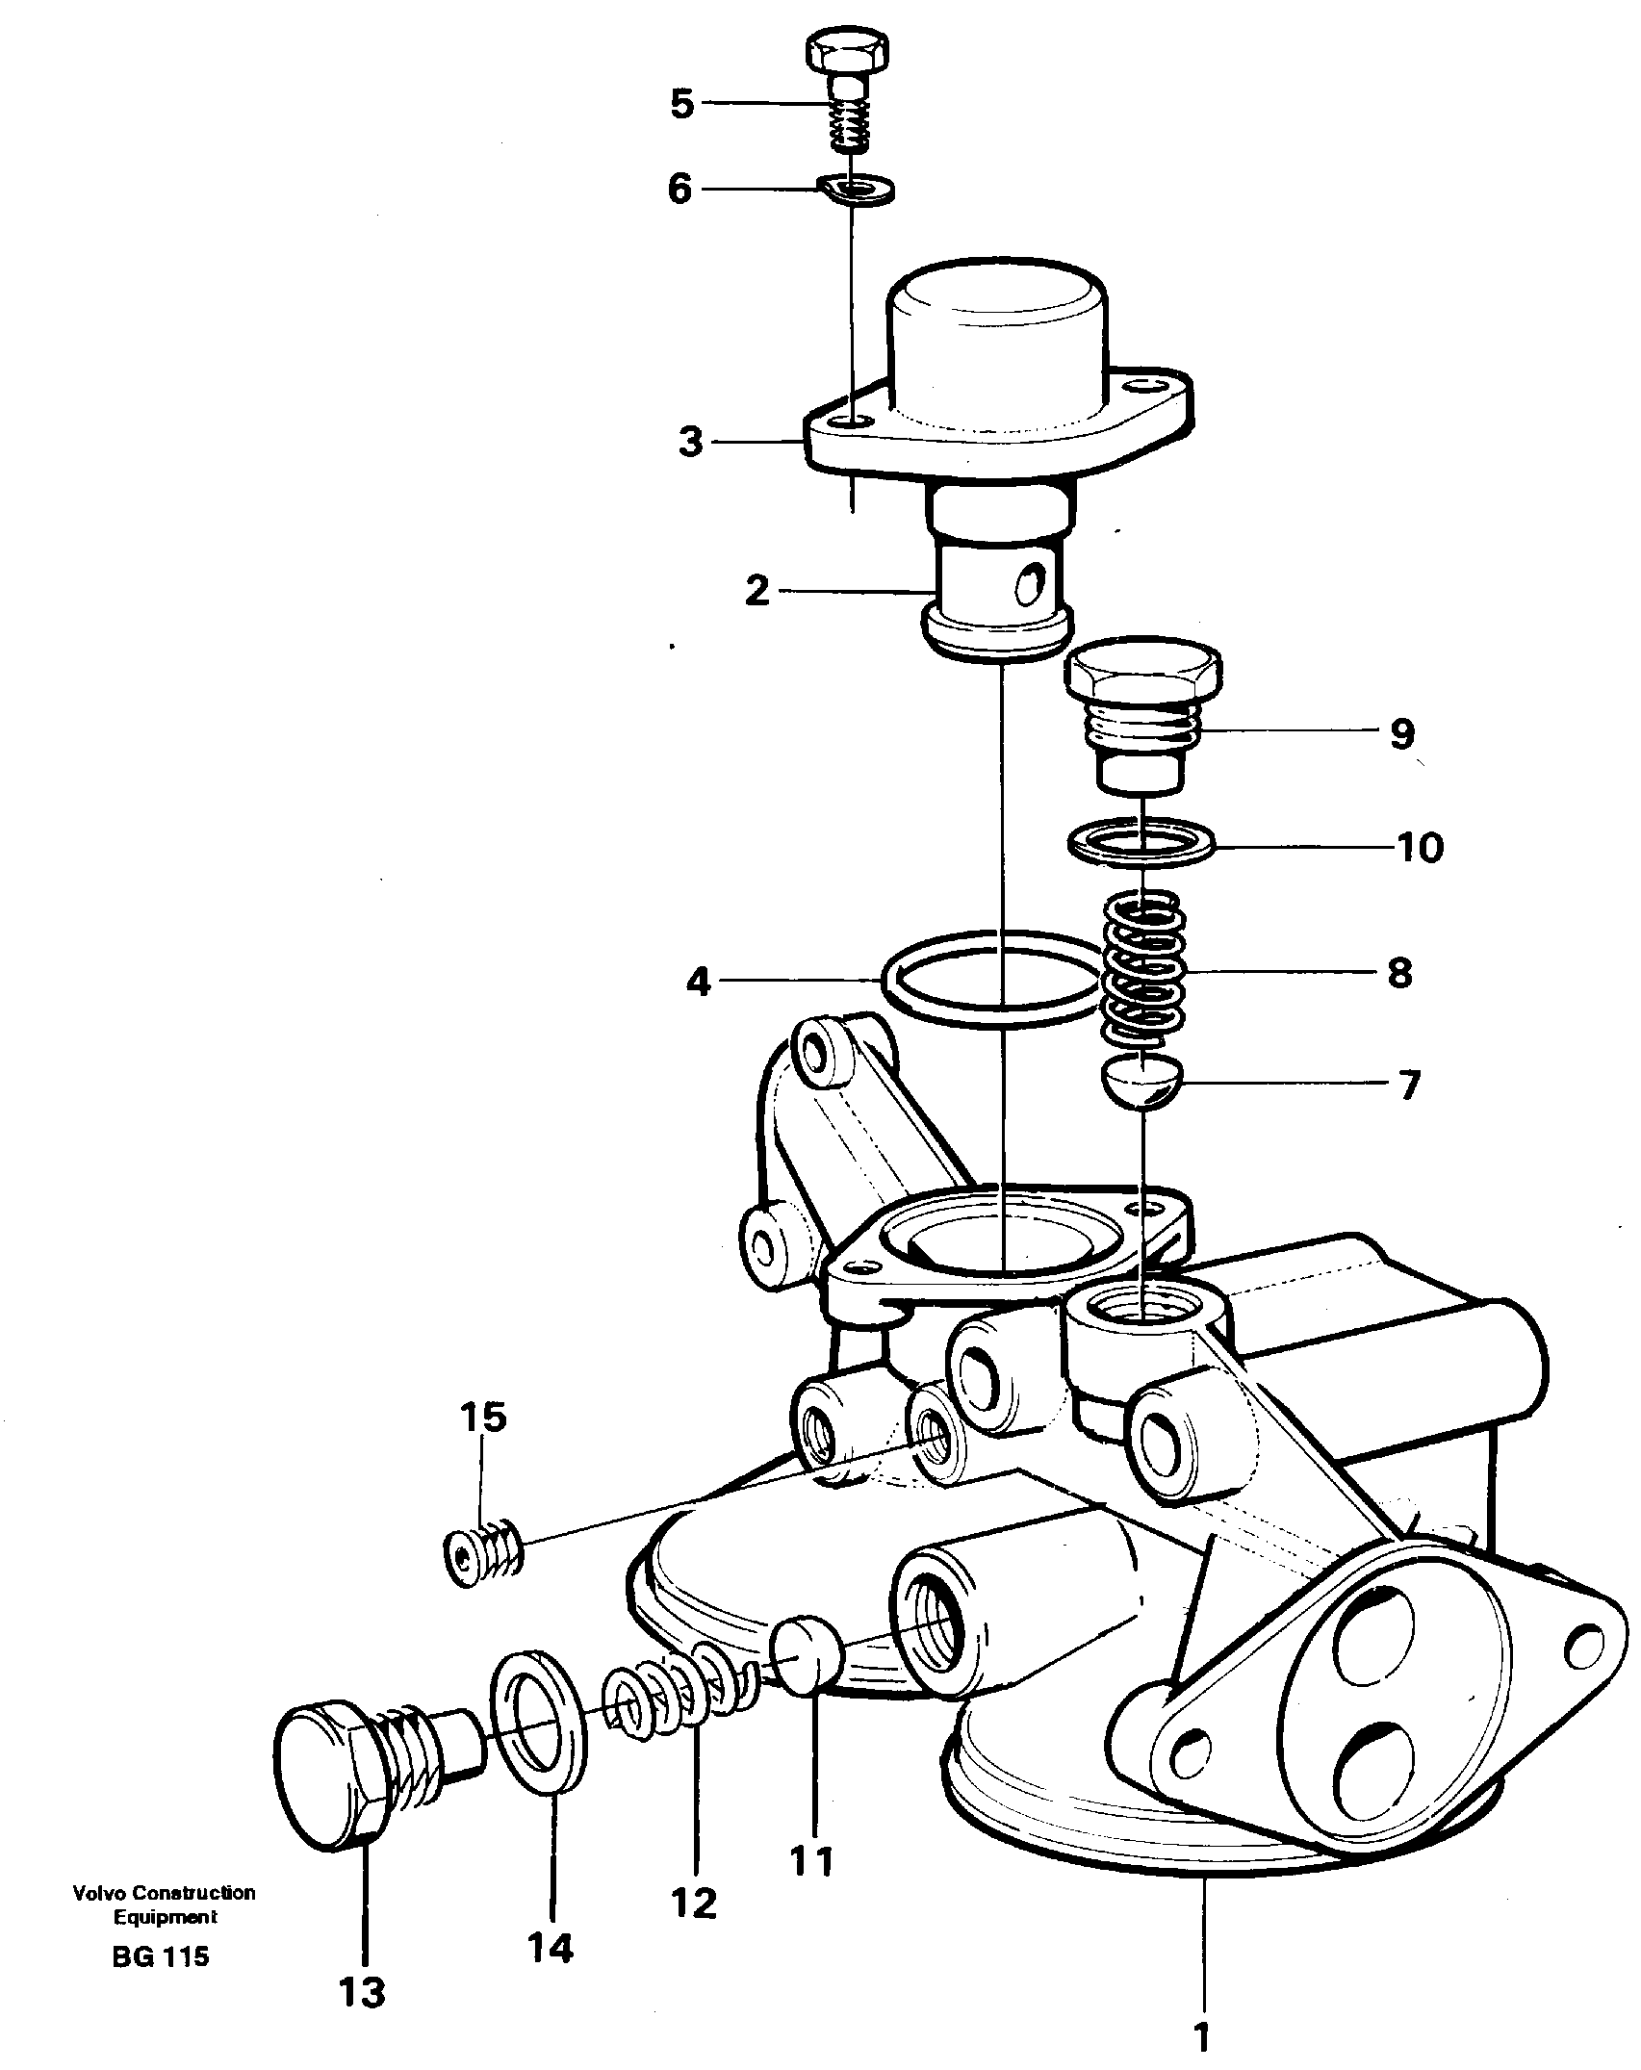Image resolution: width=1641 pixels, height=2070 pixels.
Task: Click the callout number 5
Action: click(x=681, y=103)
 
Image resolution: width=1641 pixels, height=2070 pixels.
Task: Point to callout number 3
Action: click(x=690, y=444)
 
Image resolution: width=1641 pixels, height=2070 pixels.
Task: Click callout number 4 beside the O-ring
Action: click(x=698, y=983)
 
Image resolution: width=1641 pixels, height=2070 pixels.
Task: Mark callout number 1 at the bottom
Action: click(x=1200, y=2036)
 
